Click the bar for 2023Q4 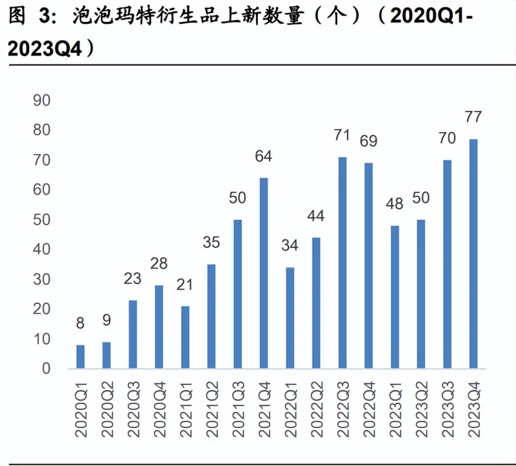(473, 254)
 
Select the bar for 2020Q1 (81, 356)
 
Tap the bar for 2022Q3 (342, 263)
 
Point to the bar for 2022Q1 (290, 318)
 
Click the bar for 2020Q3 (133, 334)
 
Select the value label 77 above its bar (473, 118)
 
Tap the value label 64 (263, 157)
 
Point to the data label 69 (368, 141)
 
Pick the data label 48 (394, 204)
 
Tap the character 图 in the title (18, 17)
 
